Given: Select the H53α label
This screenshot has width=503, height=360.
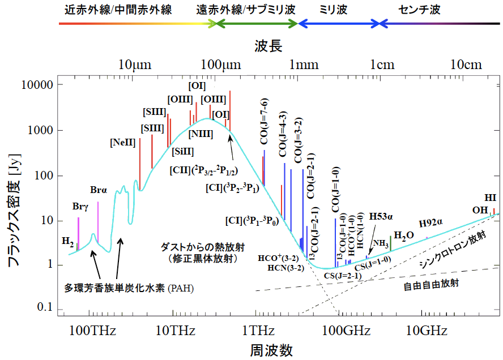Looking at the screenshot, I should [381, 216].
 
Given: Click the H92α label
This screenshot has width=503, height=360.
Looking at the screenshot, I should [430, 223].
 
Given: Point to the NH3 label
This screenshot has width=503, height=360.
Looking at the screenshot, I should [380, 244].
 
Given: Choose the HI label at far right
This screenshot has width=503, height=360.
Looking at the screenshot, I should [491, 198].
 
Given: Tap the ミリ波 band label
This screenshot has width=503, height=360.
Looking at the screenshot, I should [333, 10].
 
